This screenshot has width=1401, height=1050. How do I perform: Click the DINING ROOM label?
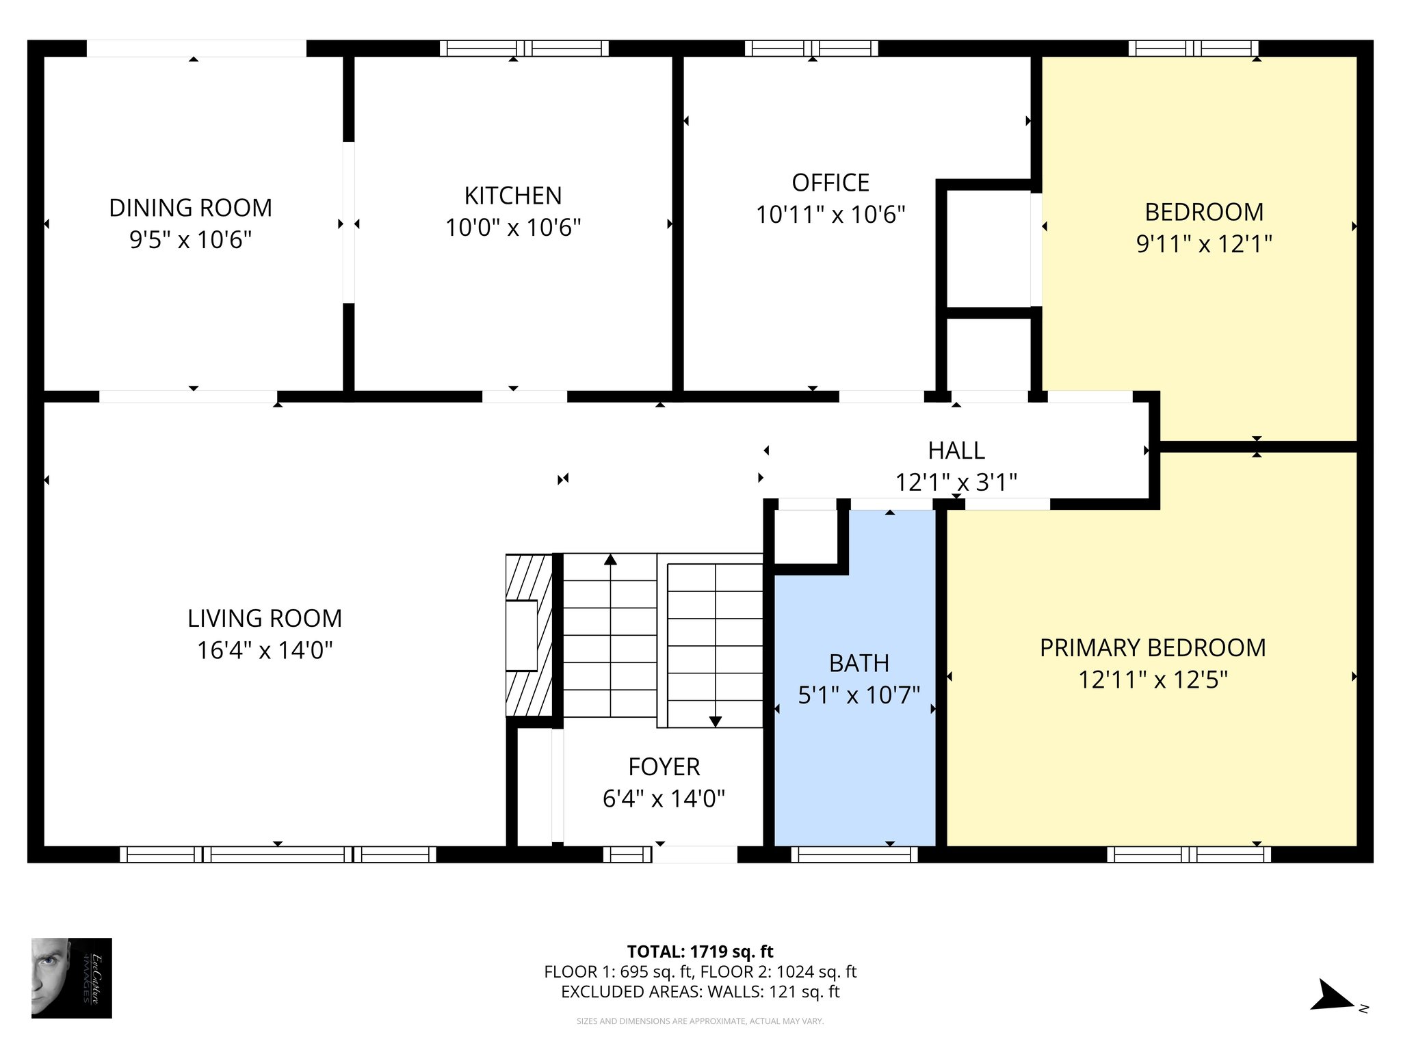tap(190, 208)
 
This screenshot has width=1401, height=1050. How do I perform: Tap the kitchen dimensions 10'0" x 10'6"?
tap(513, 228)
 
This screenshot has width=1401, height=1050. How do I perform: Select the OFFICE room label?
tap(830, 183)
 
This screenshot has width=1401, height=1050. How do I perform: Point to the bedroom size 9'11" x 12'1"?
tap(1204, 244)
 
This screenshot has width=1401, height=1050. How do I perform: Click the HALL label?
tap(956, 450)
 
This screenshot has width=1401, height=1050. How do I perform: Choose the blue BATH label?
tap(859, 663)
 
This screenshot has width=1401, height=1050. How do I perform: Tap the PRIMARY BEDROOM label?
tap(1153, 648)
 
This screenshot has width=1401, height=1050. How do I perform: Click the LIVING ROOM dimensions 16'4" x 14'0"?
tap(265, 650)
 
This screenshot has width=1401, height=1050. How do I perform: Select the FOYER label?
tap(664, 767)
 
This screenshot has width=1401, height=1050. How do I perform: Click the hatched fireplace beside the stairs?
tap(528, 635)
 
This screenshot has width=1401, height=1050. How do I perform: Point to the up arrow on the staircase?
tap(610, 560)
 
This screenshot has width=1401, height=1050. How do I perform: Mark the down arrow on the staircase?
tap(715, 721)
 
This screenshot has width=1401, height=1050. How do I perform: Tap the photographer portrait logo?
tap(71, 978)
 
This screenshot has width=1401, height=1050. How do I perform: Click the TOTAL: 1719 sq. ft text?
tap(700, 952)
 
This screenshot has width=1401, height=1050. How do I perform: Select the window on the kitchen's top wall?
tap(524, 49)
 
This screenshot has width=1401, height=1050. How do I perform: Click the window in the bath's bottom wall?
tap(854, 854)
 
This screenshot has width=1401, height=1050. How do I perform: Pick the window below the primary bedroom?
tap(1189, 854)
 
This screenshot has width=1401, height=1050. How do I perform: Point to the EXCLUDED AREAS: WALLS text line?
tap(700, 992)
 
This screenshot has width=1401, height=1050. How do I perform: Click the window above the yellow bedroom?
tap(1193, 49)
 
